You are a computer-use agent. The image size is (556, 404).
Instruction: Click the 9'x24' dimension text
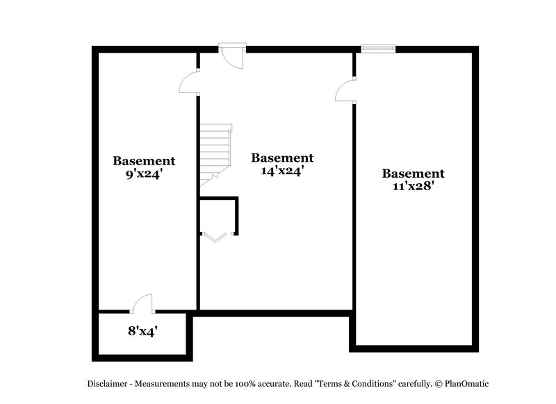(144, 174)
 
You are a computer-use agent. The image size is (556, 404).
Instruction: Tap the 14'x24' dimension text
(282, 171)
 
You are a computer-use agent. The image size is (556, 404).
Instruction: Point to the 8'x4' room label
(142, 331)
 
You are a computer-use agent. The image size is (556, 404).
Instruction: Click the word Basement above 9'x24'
(144, 161)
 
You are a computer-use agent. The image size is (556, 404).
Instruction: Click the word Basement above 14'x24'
(282, 158)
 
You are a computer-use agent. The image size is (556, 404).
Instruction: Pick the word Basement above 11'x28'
(413, 174)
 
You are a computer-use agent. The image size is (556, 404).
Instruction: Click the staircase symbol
(215, 153)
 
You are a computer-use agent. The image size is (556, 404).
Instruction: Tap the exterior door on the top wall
(231, 56)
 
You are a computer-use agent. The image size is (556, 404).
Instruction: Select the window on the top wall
(378, 49)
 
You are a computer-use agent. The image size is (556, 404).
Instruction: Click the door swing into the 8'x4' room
(142, 304)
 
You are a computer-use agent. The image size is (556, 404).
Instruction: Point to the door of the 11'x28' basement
(345, 91)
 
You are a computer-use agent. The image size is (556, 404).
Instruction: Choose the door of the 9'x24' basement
(190, 84)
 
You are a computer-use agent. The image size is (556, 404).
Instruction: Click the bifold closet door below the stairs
(214, 237)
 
